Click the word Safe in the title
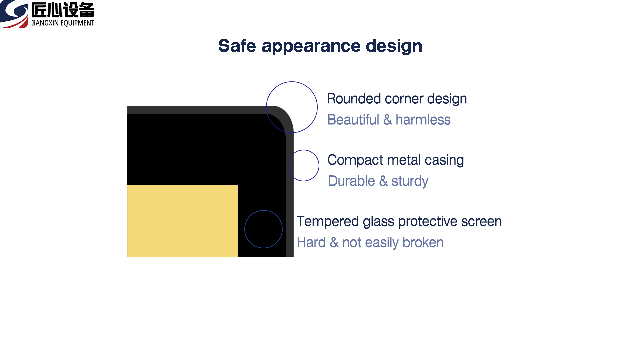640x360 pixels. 237,46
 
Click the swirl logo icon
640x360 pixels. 14,14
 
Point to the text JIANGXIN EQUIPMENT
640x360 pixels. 63,23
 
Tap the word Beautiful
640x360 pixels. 353,120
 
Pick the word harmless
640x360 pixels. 423,120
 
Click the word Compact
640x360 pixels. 355,160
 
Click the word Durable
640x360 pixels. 352,181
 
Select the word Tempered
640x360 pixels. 328,222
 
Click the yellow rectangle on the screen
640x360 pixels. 183,221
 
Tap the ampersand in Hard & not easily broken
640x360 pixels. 334,242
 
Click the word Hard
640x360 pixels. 311,242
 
